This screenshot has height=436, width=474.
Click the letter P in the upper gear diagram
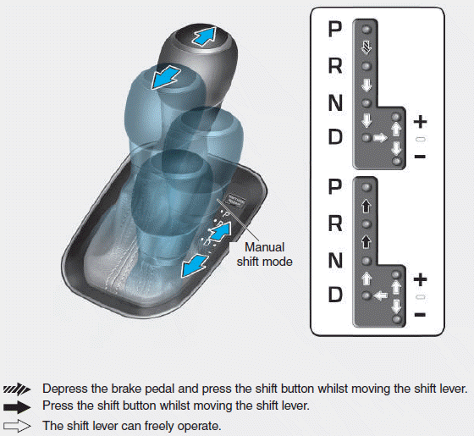(x=336, y=30)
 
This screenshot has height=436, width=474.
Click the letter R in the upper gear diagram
(x=336, y=66)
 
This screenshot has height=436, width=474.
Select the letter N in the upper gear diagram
(x=336, y=102)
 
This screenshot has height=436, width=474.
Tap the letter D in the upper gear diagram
(x=336, y=137)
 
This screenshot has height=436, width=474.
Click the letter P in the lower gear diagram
(x=336, y=186)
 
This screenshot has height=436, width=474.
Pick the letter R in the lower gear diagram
(x=336, y=224)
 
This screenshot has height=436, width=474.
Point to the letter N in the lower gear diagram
(x=336, y=260)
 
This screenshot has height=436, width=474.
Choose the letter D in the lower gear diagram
(x=336, y=295)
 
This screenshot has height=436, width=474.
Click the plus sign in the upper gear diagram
(x=420, y=122)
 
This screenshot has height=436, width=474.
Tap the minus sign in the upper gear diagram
(x=420, y=157)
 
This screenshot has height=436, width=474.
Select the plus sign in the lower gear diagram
(x=420, y=279)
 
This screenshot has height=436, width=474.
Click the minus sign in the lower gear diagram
(x=420, y=315)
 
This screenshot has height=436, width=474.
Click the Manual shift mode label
(x=268, y=255)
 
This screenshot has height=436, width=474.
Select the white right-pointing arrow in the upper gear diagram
(x=380, y=137)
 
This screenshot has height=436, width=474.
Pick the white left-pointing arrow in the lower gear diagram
(x=380, y=295)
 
